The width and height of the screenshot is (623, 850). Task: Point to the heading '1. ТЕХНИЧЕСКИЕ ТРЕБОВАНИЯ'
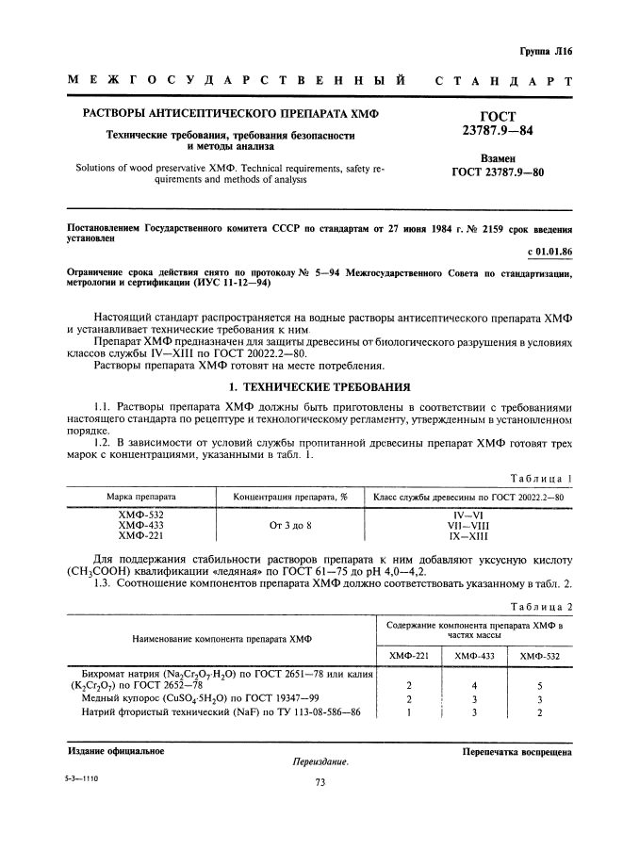(311, 387)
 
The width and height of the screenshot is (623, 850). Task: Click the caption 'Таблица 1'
(541, 479)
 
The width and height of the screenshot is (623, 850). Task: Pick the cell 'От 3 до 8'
(290, 525)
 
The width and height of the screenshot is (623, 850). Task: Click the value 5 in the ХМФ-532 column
(539, 687)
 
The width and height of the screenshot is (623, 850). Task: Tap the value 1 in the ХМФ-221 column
(408, 712)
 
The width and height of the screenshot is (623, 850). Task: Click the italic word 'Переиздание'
(321, 761)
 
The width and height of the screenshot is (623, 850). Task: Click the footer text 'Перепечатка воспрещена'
(516, 751)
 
